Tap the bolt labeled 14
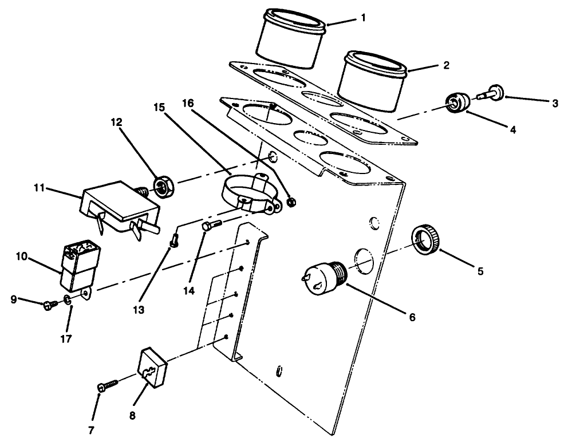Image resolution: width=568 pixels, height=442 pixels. pos(209,227)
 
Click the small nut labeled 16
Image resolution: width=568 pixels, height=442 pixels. pos(291,202)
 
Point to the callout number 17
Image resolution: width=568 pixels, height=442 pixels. pos(66,339)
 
